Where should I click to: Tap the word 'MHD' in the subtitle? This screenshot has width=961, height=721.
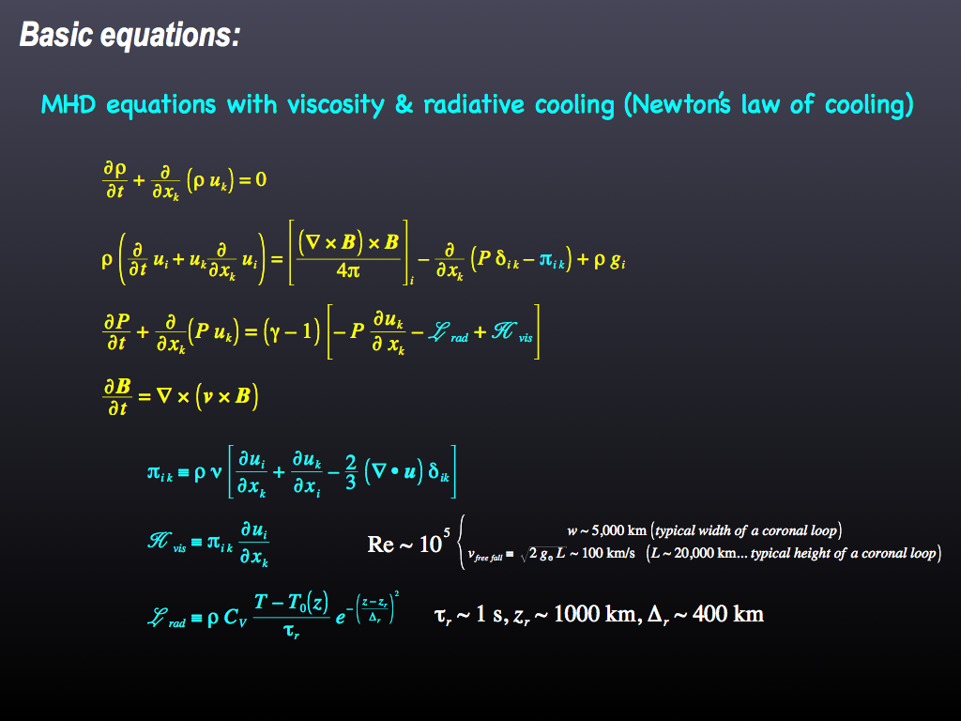[69, 105]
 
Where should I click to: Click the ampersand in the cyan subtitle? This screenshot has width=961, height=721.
[404, 105]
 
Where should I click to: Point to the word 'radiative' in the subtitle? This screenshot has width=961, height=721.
[474, 104]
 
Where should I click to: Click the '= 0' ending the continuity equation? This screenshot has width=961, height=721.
[252, 179]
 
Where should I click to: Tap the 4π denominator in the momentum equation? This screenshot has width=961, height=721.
[348, 270]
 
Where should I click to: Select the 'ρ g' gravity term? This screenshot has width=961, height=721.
[610, 261]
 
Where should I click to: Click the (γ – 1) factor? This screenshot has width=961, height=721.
[292, 332]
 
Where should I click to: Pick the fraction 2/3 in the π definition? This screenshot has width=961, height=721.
[351, 472]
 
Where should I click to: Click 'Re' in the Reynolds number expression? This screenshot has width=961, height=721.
[381, 544]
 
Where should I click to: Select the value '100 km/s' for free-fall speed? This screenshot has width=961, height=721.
[608, 553]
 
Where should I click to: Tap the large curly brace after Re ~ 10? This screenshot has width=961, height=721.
[462, 542]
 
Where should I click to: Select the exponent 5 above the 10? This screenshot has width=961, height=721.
[446, 532]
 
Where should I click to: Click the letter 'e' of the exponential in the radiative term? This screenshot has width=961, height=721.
[340, 618]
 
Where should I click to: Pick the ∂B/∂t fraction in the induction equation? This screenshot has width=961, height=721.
[117, 397]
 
